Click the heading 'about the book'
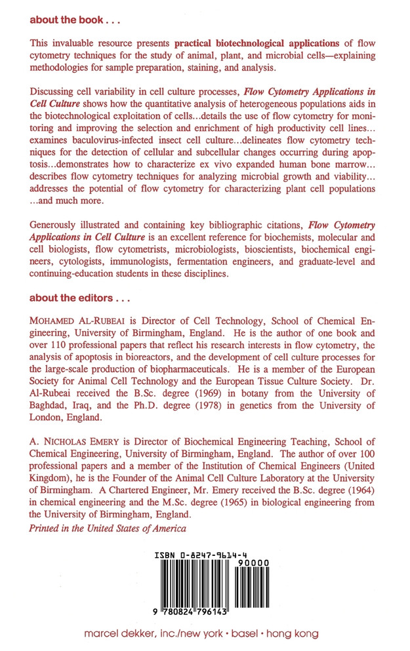coord(66,20)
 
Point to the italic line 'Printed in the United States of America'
coord(108,528)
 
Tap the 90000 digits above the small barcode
coord(253,563)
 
